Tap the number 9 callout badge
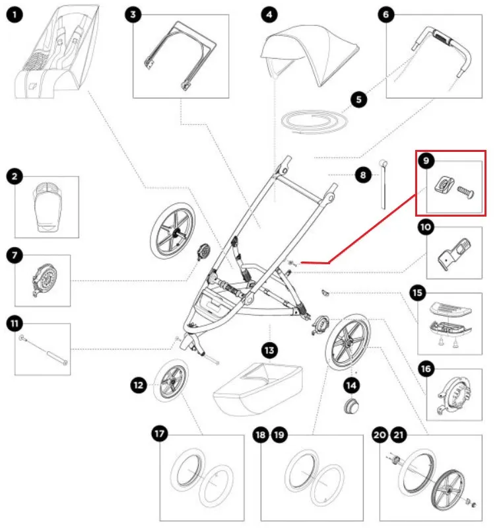pos(426,161)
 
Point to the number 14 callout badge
pos(351,384)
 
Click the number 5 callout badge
pos(358,100)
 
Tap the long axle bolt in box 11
pos(45,349)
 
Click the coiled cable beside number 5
pos(313,122)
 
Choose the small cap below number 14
pos(351,405)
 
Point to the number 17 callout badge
pos(160,434)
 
